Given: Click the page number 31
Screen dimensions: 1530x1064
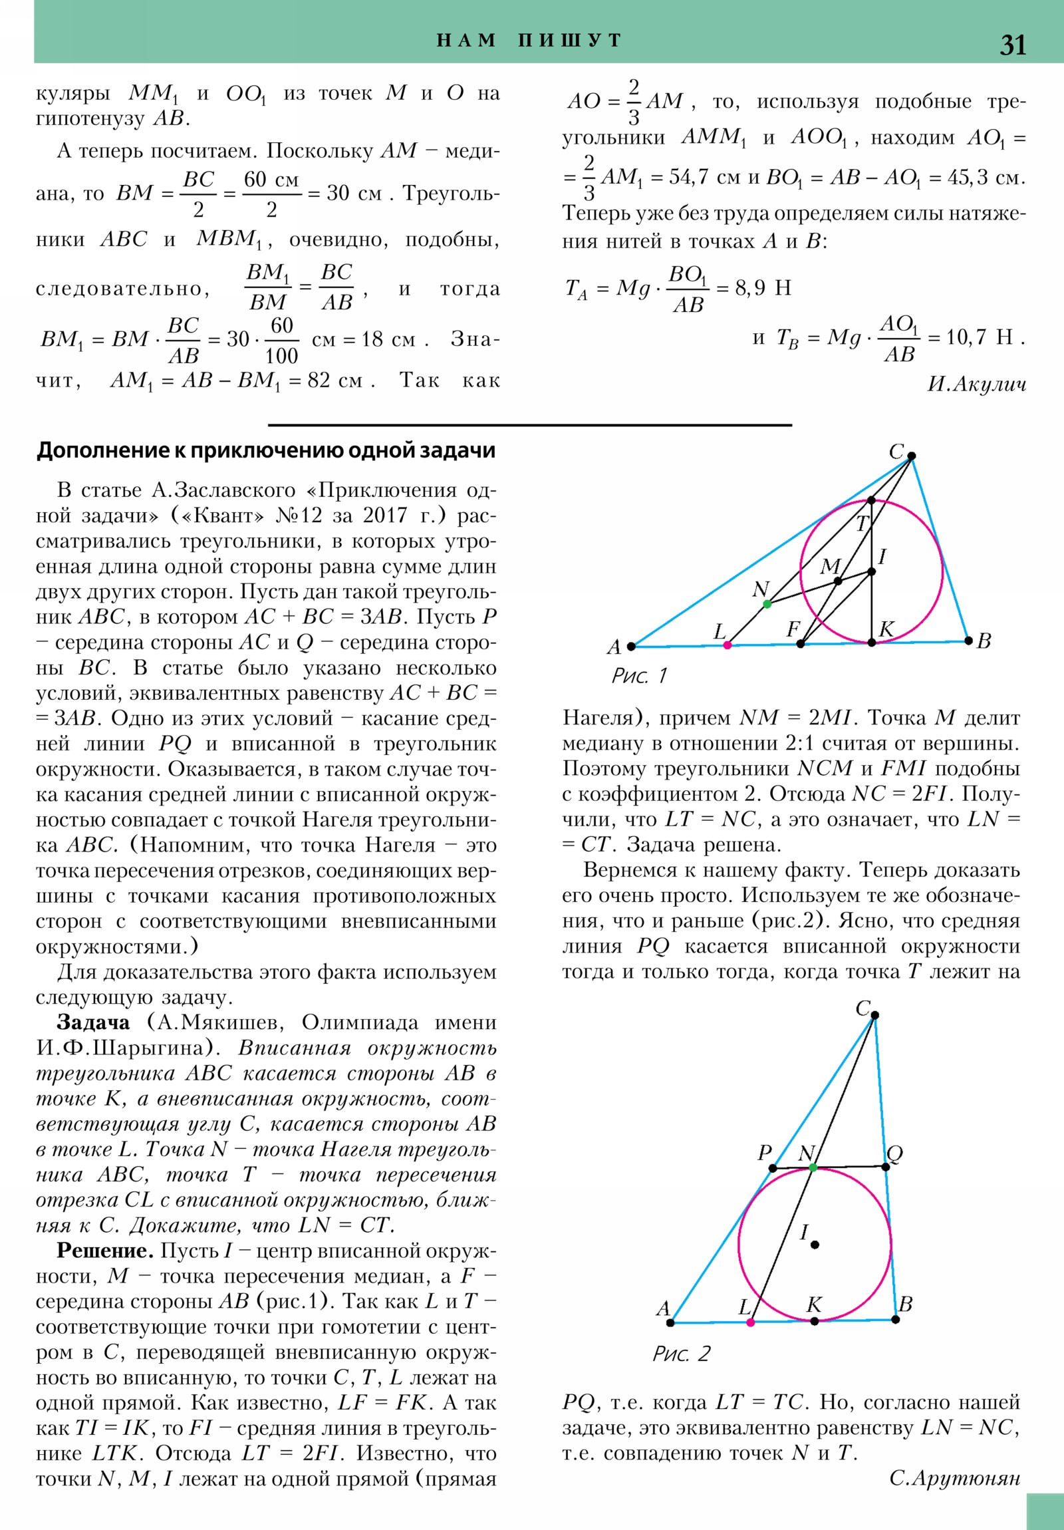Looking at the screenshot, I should pyautogui.click(x=1012, y=45).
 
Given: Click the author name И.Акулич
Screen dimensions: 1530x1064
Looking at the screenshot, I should pyautogui.click(x=976, y=384).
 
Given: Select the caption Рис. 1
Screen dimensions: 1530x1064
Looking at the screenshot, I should pyautogui.click(x=639, y=676).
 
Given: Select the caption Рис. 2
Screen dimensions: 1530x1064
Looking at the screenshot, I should pyautogui.click(x=681, y=1354).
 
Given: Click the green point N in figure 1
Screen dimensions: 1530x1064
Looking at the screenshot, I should pyautogui.click(x=767, y=604).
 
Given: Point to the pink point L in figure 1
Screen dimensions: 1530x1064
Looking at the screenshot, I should pyautogui.click(x=727, y=645).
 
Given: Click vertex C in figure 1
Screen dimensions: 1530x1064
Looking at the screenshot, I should pyautogui.click(x=912, y=456).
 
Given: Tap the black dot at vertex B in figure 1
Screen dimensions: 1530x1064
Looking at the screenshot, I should pyautogui.click(x=968, y=641).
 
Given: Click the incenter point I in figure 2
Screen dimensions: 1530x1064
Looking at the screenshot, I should pyautogui.click(x=814, y=1244).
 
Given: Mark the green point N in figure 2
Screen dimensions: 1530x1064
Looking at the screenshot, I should pyautogui.click(x=812, y=1167).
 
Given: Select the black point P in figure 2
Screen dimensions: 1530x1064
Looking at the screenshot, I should pyautogui.click(x=773, y=1168).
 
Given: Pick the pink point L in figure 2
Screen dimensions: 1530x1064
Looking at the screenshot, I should pyautogui.click(x=751, y=1322).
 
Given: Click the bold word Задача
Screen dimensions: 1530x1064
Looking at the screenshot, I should pyautogui.click(x=93, y=1023).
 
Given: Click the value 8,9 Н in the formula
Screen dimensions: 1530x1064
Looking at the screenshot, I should pyautogui.click(x=763, y=289).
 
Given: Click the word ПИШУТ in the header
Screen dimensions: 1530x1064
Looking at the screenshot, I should pyautogui.click(x=570, y=41).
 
